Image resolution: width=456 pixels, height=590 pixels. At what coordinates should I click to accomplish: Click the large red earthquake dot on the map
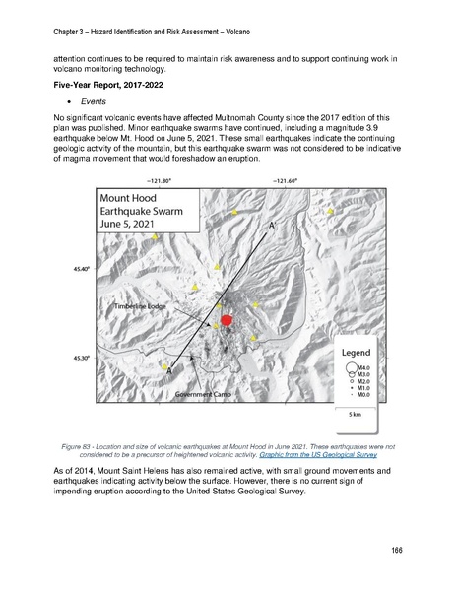(x=227, y=319)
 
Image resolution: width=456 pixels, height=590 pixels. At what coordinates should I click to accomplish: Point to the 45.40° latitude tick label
(x=81, y=267)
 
